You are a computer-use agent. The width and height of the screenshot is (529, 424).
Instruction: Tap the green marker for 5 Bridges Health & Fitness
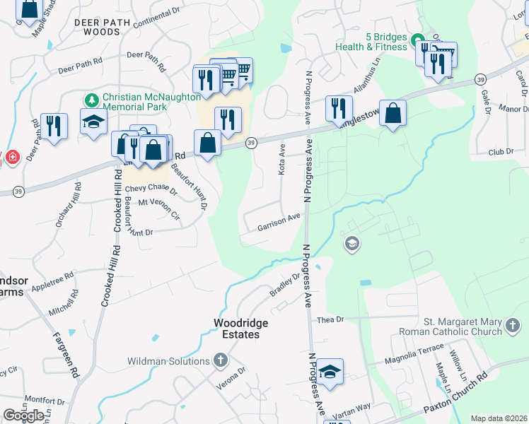[418, 40]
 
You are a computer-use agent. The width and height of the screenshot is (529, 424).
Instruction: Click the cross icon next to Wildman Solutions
[221, 361]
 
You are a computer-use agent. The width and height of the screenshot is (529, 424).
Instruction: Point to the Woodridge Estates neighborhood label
[241, 329]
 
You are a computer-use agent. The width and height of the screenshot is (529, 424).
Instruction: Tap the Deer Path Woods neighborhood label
[103, 27]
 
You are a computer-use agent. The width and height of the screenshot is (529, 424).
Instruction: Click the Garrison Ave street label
[279, 223]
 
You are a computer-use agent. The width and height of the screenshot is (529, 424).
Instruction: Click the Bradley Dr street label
[284, 285]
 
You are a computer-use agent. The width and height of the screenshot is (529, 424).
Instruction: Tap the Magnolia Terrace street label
[414, 359]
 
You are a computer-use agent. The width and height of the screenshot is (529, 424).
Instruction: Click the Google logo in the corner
[23, 416]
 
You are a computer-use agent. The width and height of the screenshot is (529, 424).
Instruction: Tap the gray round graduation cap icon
[351, 245]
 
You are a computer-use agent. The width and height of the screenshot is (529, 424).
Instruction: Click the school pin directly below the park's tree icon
[93, 121]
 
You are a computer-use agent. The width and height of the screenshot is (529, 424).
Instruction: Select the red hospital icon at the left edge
[11, 157]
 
